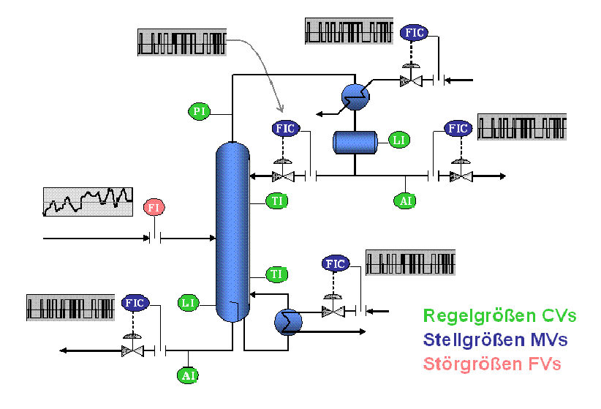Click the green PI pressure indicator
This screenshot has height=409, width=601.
pyautogui.click(x=199, y=111)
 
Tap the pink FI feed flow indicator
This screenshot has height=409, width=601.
pyautogui.click(x=154, y=207)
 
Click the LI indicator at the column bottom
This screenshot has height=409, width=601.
pyautogui.click(x=189, y=302)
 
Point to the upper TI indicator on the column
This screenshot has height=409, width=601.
pyautogui.click(x=277, y=200)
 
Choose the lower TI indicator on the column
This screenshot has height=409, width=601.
pyautogui.click(x=276, y=275)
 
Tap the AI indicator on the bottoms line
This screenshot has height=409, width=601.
pyautogui.click(x=188, y=375)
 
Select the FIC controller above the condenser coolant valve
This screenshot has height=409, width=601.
pyautogui.click(x=413, y=33)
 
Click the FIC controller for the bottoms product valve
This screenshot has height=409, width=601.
pyautogui.click(x=134, y=302)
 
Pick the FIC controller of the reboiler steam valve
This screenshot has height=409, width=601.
pyautogui.click(x=335, y=264)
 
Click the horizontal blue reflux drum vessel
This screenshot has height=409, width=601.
pyautogui.click(x=355, y=141)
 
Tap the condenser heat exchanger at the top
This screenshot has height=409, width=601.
pyautogui.click(x=355, y=94)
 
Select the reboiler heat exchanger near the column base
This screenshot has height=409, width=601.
pyautogui.click(x=287, y=320)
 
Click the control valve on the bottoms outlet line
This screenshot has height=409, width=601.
pyautogui.click(x=133, y=350)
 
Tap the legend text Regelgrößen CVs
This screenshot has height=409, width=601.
pyautogui.click(x=500, y=316)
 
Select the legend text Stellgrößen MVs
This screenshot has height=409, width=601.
pyautogui.click(x=496, y=339)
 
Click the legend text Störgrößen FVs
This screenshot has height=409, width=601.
pyautogui.click(x=493, y=363)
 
